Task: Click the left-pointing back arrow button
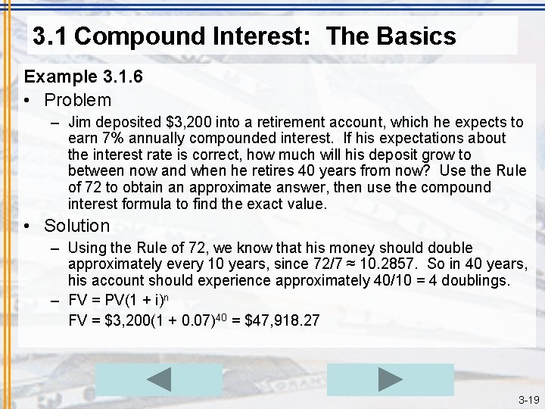coord(159,379)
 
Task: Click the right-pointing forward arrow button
coord(390,379)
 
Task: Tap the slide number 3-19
coord(528,399)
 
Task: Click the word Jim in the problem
coord(79,122)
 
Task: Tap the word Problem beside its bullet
coord(77,100)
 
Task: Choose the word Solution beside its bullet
coord(76,226)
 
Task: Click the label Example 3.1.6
coord(73,76)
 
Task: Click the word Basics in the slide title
coord(417,36)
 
